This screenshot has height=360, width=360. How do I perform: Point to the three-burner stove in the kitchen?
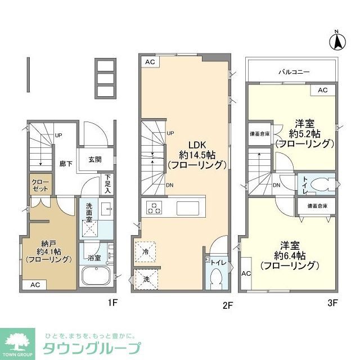(154, 208)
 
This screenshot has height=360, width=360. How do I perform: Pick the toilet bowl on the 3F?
(322, 184)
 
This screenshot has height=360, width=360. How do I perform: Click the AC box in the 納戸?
(35, 285)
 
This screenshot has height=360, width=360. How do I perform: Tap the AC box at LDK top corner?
(148, 62)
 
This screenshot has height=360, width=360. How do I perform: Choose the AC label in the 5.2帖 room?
(322, 90)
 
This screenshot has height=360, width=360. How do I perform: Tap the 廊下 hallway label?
(67, 163)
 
